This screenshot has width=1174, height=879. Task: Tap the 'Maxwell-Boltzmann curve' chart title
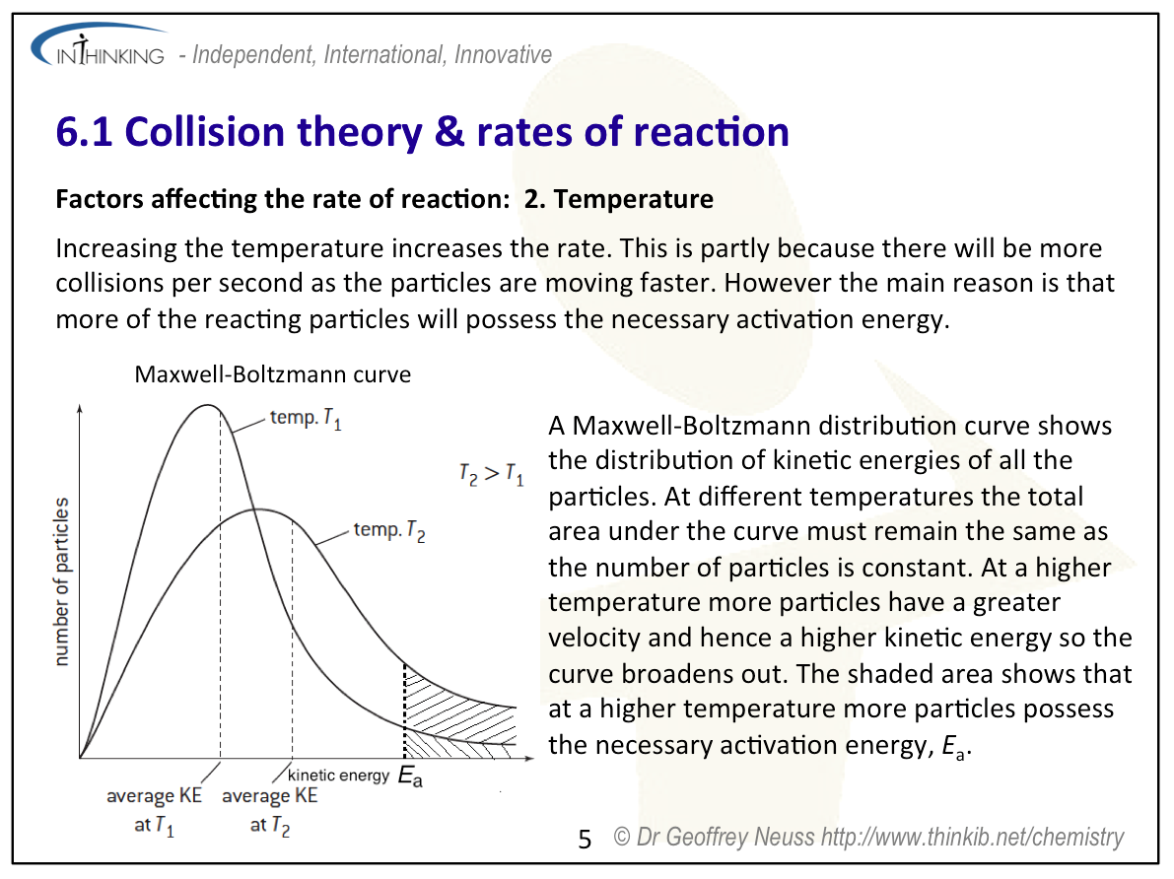tap(273, 374)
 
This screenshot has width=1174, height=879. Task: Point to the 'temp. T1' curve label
tap(306, 419)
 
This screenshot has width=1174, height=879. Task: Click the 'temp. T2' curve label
tap(390, 531)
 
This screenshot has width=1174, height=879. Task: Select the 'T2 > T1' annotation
tap(491, 474)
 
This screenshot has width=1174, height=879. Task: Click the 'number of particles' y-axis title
tap(61, 581)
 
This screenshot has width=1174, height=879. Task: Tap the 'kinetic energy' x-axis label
tap(338, 776)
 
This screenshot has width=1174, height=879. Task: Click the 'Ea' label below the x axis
tap(411, 778)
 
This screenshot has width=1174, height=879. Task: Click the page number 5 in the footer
tap(585, 840)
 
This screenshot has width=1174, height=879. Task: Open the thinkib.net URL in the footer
tap(972, 838)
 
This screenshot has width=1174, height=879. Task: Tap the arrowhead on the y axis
tap(79, 406)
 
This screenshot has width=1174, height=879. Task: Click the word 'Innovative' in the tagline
tap(503, 55)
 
